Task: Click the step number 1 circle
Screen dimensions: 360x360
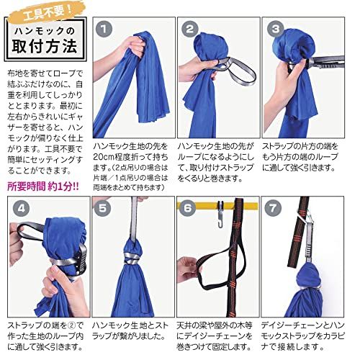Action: click(x=104, y=29)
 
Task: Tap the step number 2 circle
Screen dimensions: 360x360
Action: click(x=190, y=29)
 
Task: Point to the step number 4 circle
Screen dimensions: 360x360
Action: click(x=22, y=208)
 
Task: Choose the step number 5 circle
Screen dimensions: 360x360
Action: click(x=102, y=208)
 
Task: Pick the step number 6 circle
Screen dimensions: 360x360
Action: click(x=187, y=208)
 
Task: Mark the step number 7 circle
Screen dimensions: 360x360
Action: click(x=273, y=208)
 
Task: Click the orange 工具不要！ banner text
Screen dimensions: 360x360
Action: click(x=48, y=13)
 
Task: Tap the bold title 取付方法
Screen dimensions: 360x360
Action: click(x=45, y=46)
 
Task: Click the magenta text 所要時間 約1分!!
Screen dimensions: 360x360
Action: click(x=43, y=186)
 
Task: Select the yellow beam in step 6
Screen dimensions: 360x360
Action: click(x=217, y=206)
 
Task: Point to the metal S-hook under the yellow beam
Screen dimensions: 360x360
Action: click(x=220, y=215)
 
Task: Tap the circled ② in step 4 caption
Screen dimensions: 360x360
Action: click(x=72, y=325)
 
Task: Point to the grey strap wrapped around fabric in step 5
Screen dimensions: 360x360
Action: click(x=132, y=258)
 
